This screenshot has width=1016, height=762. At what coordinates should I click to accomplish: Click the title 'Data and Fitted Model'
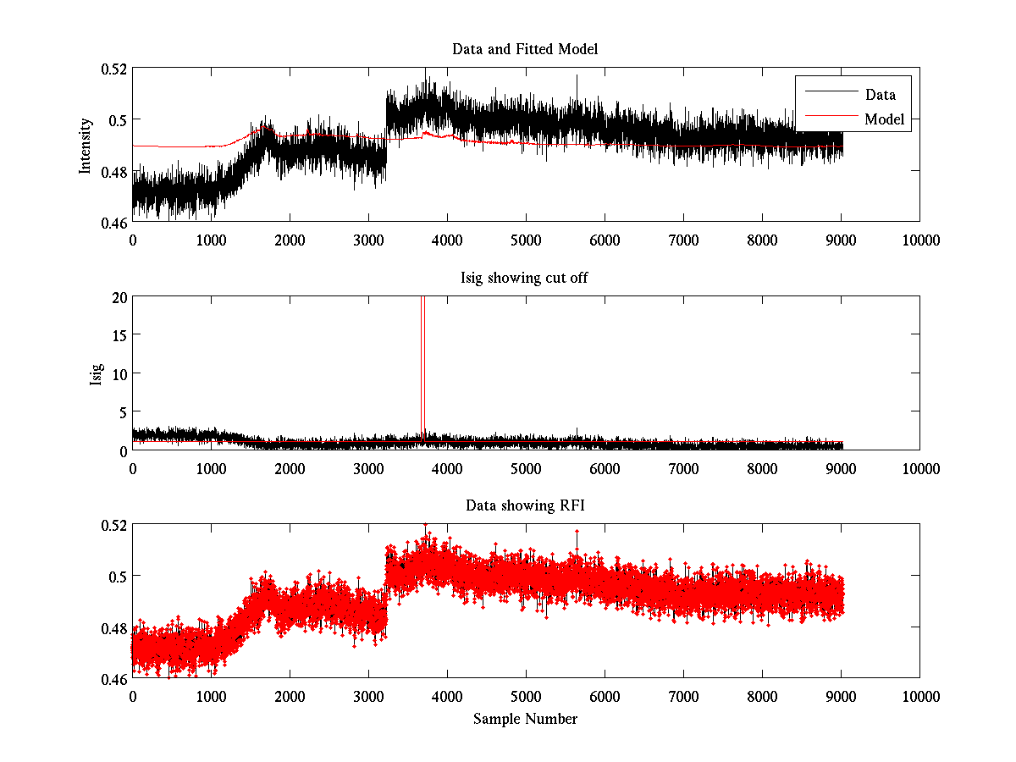pos(525,49)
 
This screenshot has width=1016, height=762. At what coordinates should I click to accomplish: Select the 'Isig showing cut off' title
pos(525,279)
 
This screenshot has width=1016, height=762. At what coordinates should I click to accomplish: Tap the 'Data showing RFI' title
pos(525,505)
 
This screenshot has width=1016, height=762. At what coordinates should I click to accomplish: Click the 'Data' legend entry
pos(880,94)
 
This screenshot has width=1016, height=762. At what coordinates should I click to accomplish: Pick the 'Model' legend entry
pos(884,119)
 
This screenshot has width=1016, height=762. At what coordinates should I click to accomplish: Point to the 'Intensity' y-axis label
pos(85,145)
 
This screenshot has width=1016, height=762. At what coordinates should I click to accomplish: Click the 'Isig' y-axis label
pos(96,373)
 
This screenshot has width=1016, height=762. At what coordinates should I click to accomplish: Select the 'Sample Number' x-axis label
pos(525,719)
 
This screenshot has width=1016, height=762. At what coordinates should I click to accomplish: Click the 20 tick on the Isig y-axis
pos(118,296)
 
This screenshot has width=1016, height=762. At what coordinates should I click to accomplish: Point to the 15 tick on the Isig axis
pos(118,335)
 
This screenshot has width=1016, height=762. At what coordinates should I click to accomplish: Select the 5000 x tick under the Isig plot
pos(526,468)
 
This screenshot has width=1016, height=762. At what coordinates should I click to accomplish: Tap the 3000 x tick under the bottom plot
pos(368,696)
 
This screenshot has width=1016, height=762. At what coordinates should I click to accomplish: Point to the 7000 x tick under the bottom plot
pos(683,696)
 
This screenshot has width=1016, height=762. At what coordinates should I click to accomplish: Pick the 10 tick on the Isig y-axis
pos(118,373)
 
